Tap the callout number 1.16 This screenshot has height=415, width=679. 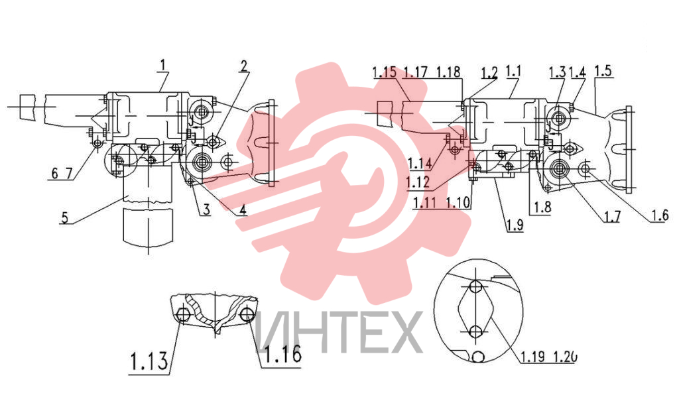282,353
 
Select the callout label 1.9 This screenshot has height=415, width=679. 515,225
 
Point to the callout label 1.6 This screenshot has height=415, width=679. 660,215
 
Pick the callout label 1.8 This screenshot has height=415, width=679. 542,207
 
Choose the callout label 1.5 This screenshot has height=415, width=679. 603,70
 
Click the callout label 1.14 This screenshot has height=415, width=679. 420,163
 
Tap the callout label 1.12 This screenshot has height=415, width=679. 418,182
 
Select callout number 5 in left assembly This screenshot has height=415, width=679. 64,217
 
